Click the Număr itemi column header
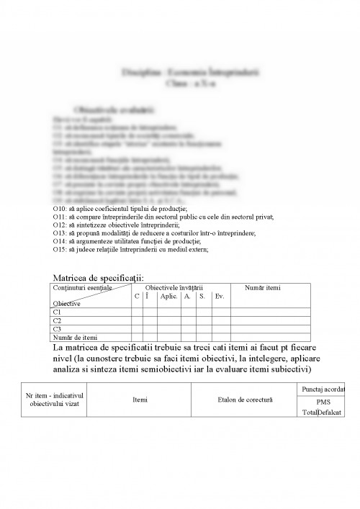pyautogui.click(x=263, y=288)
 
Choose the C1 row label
pyautogui.click(x=58, y=312)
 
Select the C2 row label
pyautogui.click(x=58, y=320)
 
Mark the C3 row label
pyautogui.click(x=58, y=329)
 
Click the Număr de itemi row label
pyautogui.click(x=76, y=337)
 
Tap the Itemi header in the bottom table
pyautogui.click(x=140, y=398)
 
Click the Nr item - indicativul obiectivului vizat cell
pyautogui.click(x=55, y=399)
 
